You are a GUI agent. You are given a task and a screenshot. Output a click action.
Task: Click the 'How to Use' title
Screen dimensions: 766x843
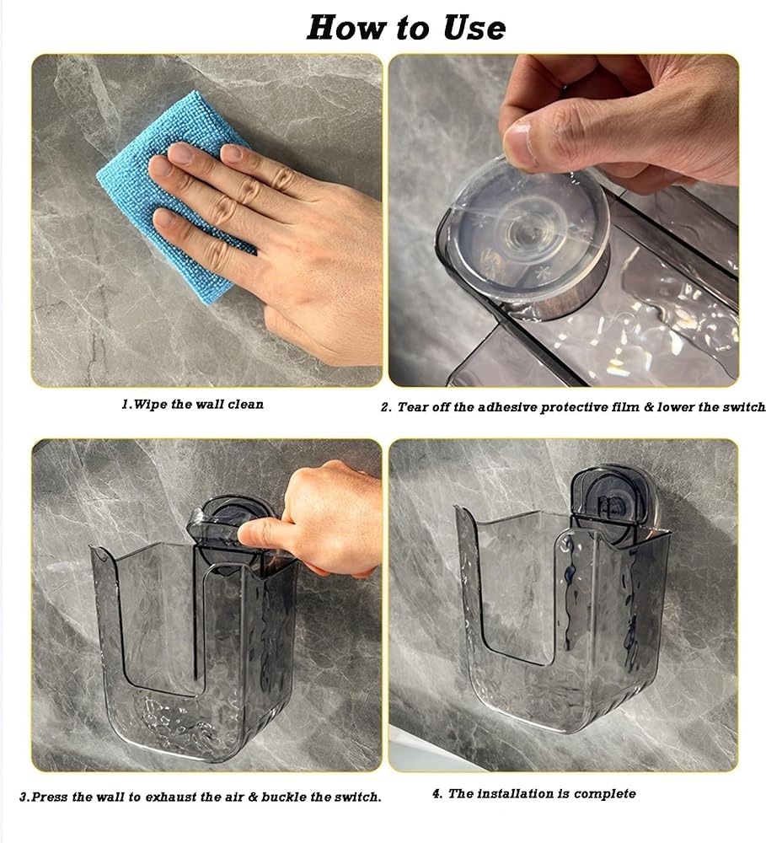(x=406, y=28)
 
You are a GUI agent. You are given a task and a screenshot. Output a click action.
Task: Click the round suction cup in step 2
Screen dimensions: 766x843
(x=524, y=237)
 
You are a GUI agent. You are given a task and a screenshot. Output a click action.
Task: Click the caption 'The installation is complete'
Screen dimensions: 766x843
(x=542, y=793)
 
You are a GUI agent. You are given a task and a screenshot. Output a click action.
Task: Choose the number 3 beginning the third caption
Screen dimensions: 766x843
(x=24, y=797)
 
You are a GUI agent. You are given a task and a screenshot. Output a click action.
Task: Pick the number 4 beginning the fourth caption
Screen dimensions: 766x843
(x=437, y=793)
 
